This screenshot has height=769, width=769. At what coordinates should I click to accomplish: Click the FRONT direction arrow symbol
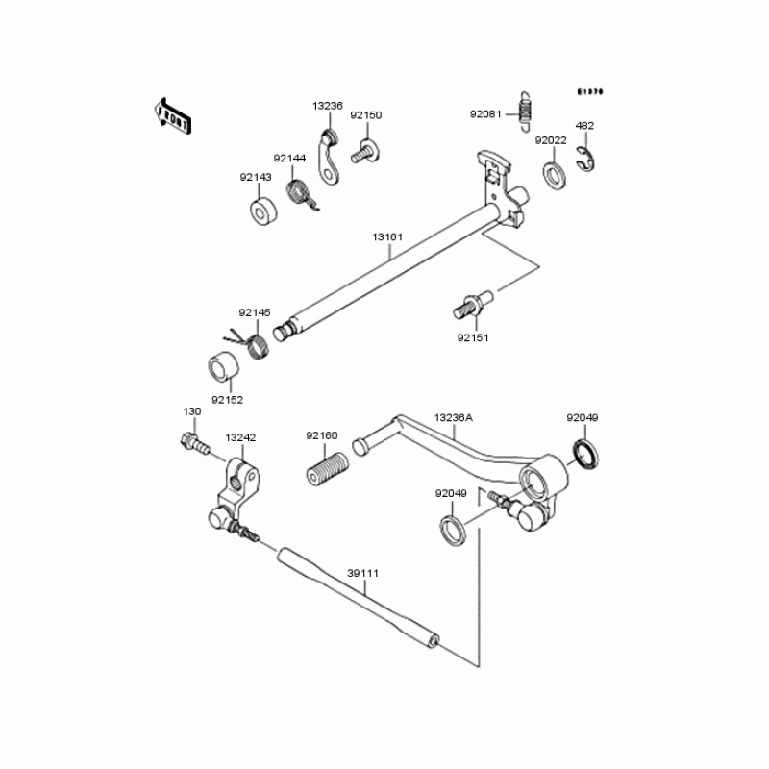coord(173,113)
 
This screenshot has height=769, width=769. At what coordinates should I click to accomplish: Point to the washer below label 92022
coord(554,176)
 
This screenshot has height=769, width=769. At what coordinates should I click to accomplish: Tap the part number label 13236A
coord(453,418)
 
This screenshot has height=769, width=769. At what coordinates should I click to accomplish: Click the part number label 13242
coord(240,437)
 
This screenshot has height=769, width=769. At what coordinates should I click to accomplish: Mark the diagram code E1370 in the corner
coord(589,92)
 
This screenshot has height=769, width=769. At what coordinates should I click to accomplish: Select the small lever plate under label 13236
coord(330,161)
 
